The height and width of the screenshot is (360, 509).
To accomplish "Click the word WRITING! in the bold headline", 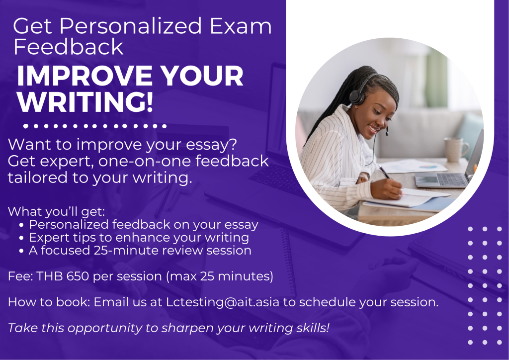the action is pos(85,102).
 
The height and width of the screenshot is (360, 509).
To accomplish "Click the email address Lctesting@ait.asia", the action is pos(223,302).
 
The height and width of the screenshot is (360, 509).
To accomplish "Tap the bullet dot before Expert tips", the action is pos(21,238).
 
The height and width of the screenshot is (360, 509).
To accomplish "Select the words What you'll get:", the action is pos(57,212).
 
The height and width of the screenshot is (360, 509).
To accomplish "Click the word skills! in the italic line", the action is pos(313,328).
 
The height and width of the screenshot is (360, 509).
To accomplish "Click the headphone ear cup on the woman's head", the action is pos(357,97).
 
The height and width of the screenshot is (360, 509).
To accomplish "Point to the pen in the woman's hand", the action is pos(385,172).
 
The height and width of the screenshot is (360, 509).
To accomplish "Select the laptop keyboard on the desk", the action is pos(453,180).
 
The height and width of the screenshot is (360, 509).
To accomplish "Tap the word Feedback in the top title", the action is pos(68,47).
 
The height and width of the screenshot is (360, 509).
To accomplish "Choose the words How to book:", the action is pos(49,302).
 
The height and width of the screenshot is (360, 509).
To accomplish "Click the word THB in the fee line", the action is pos(50,276).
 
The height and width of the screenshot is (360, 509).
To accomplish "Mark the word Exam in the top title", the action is pos(241,26).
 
